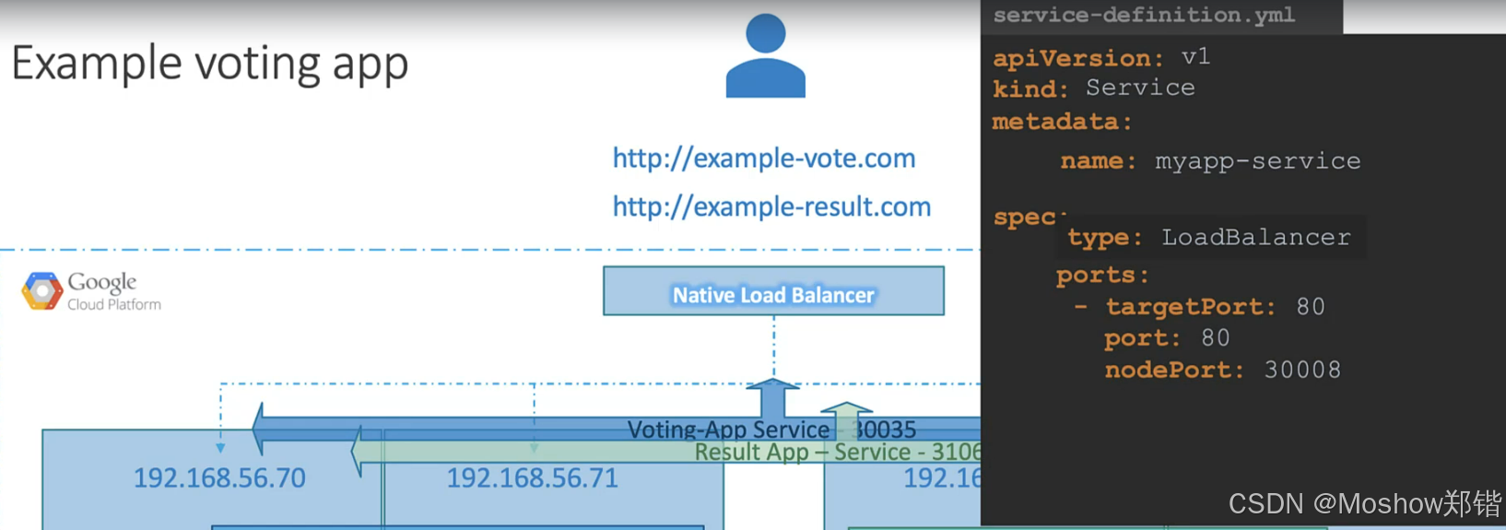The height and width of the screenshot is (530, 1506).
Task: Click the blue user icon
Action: click(x=765, y=57)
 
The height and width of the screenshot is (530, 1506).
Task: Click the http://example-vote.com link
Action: click(x=764, y=159)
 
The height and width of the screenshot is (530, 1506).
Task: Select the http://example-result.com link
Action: click(x=771, y=206)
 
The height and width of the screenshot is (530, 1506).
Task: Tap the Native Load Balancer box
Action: click(x=773, y=291)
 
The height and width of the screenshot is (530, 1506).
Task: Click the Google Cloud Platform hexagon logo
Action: click(x=41, y=291)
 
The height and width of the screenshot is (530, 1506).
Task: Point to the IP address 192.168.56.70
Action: click(x=219, y=477)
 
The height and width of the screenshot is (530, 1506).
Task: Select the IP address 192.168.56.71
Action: click(x=533, y=477)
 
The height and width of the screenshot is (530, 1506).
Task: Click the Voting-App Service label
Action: click(x=728, y=430)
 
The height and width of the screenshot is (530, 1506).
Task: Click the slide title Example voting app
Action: click(x=209, y=65)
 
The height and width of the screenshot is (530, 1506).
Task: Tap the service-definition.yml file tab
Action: click(x=1144, y=16)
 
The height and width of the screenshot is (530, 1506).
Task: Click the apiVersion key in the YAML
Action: click(x=1072, y=58)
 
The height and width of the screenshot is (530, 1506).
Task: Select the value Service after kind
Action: click(x=1140, y=88)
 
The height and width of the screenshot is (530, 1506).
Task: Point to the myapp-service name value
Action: click(x=1257, y=161)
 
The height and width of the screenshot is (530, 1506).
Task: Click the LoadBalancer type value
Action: click(x=1255, y=238)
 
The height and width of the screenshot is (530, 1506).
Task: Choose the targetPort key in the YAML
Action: click(x=1184, y=307)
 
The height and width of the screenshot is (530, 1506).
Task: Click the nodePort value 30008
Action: click(x=1302, y=370)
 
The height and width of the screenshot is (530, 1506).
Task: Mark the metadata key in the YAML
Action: click(x=1055, y=122)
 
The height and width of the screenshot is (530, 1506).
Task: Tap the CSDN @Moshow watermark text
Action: click(x=1364, y=503)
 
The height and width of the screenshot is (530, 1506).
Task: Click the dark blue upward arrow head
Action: click(x=772, y=385)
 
